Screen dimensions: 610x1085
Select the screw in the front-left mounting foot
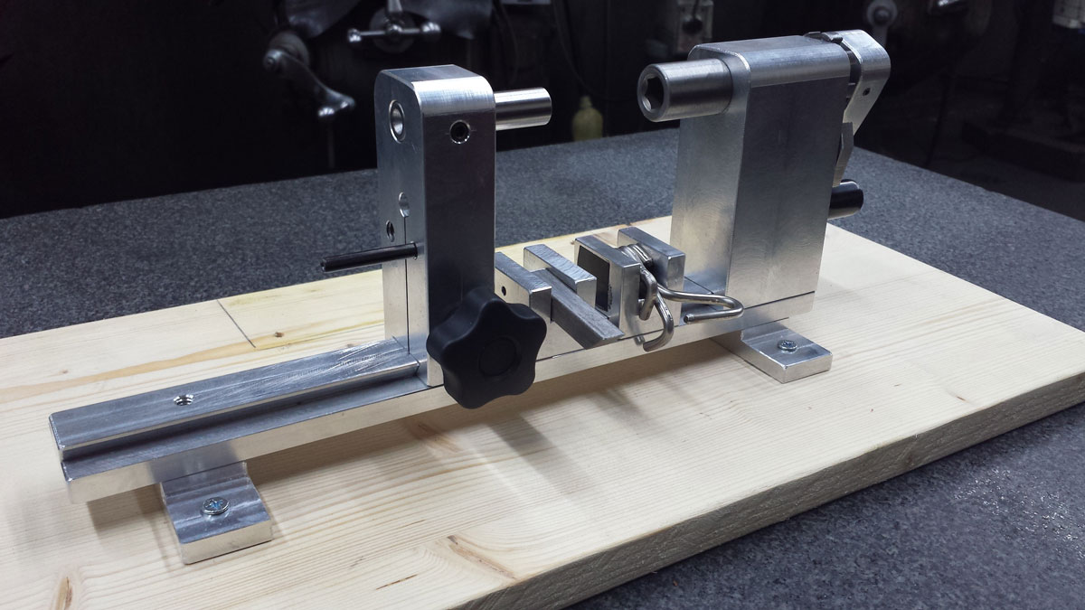[x=215, y=506]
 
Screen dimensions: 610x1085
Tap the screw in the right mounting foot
[x=787, y=345]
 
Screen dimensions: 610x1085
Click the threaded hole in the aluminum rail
[x=184, y=399]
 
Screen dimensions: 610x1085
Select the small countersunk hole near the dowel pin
[x=460, y=133]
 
